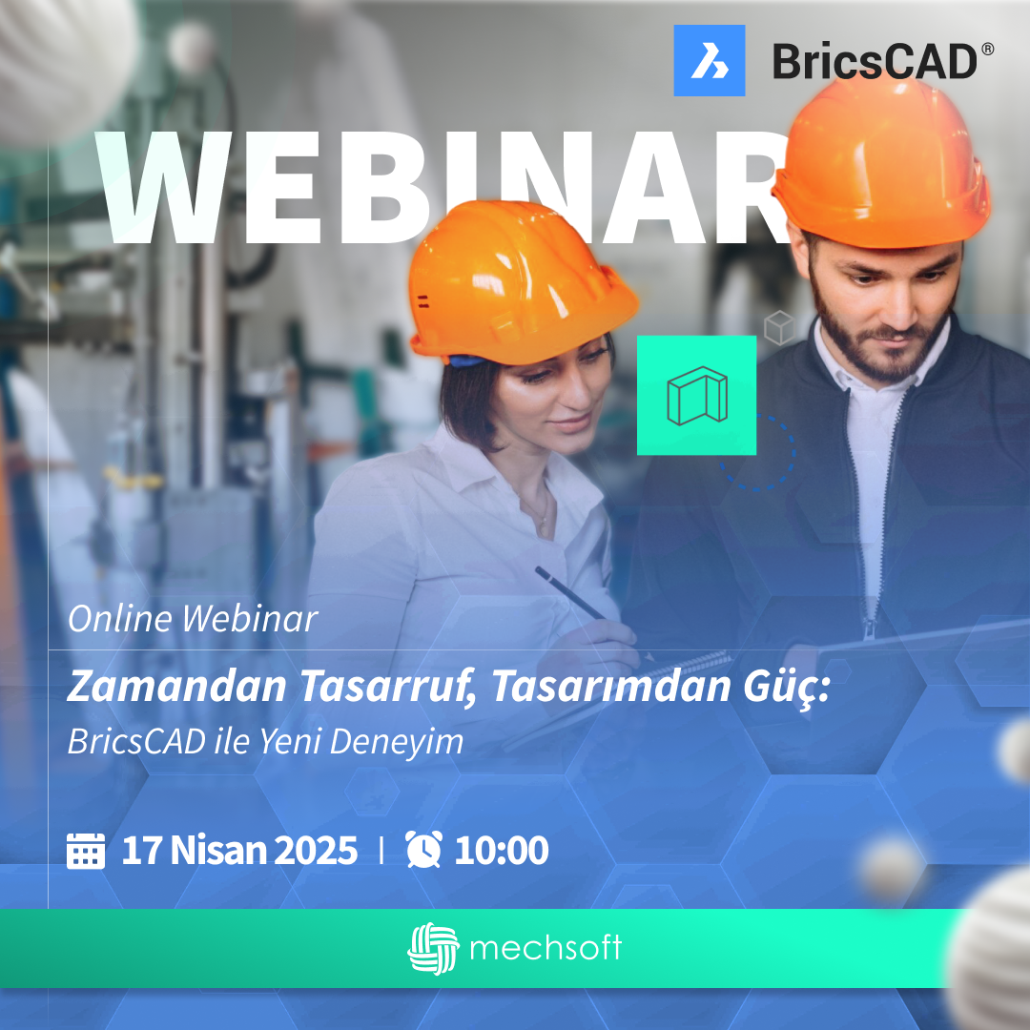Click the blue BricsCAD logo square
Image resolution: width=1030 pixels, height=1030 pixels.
710,60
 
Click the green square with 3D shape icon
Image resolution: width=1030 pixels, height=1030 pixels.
696,396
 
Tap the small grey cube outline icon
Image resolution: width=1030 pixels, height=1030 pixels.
780,327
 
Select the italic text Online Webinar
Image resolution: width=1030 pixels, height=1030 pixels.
193,619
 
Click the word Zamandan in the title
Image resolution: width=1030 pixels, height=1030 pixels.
177,687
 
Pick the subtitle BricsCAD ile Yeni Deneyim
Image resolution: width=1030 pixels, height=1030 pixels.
265,742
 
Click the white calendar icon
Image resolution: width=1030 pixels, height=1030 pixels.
86,851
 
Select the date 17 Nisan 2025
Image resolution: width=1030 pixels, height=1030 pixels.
239,850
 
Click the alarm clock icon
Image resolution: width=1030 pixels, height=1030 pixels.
423,850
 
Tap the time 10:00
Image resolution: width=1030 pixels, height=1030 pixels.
502,850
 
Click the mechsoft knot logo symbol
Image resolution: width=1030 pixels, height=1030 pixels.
433,949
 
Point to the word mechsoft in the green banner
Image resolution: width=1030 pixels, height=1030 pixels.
546,948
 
